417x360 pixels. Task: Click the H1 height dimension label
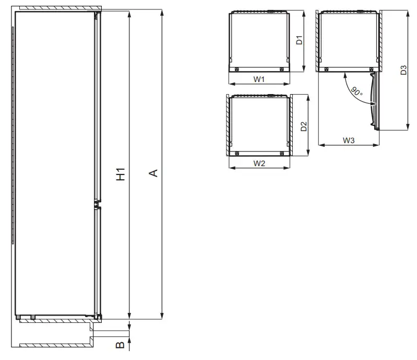(x=120, y=175)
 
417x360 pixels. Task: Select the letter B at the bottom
(x=120, y=345)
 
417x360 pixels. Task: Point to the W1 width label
(x=259, y=79)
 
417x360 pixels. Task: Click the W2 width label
(x=259, y=163)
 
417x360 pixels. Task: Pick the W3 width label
(x=349, y=140)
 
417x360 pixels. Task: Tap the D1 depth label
(x=300, y=40)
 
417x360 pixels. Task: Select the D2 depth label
(x=303, y=126)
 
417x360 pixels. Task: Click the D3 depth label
(x=403, y=70)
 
